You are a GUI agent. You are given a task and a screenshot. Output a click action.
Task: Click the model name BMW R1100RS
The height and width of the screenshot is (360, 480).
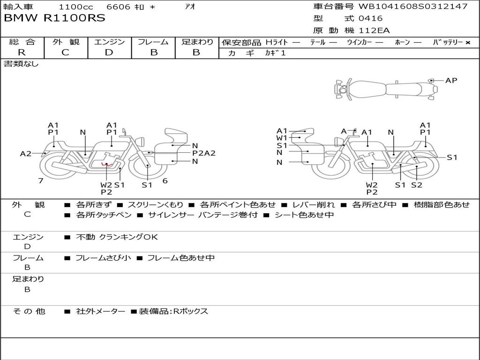(x=54, y=18)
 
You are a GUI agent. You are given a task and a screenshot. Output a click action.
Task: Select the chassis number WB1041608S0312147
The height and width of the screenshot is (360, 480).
(x=413, y=6)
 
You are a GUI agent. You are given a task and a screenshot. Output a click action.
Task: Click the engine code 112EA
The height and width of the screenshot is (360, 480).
(x=374, y=30)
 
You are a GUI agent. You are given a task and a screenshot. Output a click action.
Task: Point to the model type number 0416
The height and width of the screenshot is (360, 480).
(x=370, y=18)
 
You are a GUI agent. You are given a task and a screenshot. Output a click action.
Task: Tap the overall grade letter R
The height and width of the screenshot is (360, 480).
(x=22, y=52)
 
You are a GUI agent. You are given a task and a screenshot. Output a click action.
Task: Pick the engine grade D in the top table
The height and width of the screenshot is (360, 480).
(x=109, y=52)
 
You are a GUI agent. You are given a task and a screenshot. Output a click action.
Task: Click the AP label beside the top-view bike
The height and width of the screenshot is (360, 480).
(x=451, y=81)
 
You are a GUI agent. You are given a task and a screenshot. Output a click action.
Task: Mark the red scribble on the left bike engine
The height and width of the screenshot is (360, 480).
(x=107, y=165)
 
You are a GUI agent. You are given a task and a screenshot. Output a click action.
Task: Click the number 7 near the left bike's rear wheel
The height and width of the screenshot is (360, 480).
(x=41, y=180)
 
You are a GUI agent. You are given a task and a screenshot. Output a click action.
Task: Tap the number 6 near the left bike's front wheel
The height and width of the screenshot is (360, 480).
(x=165, y=180)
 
